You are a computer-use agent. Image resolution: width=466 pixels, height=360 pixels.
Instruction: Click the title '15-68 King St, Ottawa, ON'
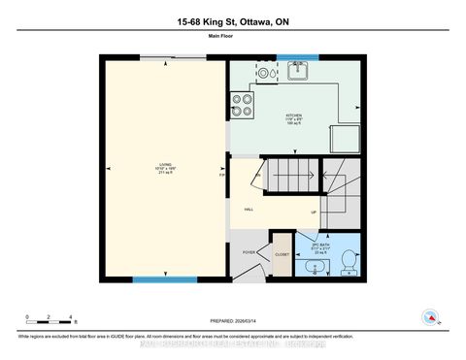(233, 22)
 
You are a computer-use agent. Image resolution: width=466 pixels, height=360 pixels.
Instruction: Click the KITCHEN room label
(293, 119)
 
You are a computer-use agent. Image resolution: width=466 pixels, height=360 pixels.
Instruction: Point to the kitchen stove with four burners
(241, 104)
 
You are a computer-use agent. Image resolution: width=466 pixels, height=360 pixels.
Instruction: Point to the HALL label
(249, 209)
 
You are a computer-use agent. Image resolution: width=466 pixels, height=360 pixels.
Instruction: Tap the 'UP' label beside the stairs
(313, 211)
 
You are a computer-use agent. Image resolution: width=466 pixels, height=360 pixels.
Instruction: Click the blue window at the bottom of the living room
(165, 279)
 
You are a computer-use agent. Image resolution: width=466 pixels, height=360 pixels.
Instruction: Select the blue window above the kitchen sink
(296, 56)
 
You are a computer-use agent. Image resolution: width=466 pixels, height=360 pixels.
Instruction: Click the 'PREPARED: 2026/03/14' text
(234, 321)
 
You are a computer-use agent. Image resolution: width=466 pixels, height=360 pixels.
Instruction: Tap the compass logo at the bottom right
(428, 316)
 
